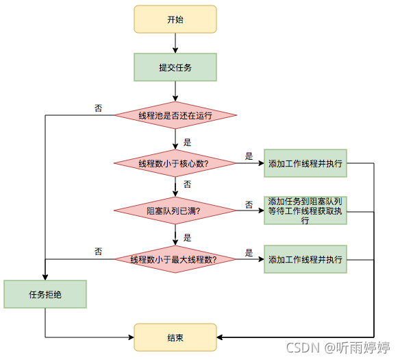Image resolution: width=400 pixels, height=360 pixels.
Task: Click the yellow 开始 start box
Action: tap(175, 19)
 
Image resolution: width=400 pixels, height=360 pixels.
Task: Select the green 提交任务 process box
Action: tap(175, 67)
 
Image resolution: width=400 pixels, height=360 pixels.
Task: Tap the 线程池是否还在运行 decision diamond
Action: tap(175, 115)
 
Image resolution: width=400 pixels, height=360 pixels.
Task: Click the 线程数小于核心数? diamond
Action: tap(175, 163)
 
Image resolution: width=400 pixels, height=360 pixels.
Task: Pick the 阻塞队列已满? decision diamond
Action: tap(175, 211)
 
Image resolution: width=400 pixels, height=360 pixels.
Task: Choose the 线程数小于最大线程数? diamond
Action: tap(175, 260)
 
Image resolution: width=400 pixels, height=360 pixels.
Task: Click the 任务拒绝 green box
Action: tap(45, 294)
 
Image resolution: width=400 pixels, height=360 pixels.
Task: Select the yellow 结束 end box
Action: tap(175, 337)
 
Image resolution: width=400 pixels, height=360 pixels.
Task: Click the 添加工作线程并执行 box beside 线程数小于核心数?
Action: tap(305, 163)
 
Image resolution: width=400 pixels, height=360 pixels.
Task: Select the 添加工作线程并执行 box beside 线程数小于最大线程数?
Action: tap(305, 260)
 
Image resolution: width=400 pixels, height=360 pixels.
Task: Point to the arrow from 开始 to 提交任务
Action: tap(175, 43)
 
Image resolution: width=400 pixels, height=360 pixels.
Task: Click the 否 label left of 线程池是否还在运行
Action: tap(99, 108)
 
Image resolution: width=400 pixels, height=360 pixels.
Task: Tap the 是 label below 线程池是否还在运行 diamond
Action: tap(187, 143)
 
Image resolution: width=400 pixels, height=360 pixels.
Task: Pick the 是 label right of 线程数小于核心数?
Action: tap(249, 156)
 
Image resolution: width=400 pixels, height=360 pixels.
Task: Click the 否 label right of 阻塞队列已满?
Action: tap(249, 204)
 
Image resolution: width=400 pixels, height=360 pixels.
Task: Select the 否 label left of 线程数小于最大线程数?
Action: tap(99, 252)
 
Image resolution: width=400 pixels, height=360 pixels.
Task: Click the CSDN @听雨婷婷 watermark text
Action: tap(338, 348)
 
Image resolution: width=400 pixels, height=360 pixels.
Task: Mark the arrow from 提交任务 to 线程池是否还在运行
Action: tap(175, 91)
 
